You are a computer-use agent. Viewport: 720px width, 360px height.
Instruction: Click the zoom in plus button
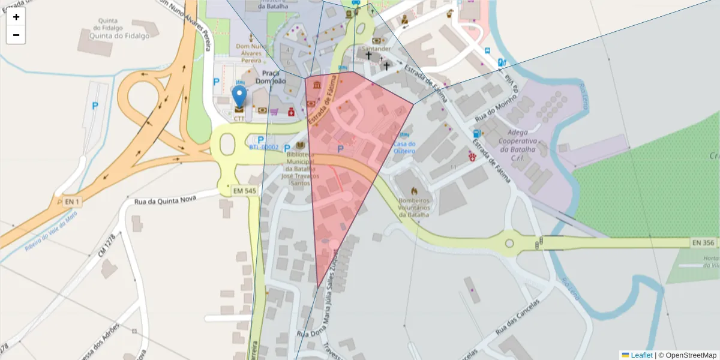click(16, 17)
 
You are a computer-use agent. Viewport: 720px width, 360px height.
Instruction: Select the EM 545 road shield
click(245, 190)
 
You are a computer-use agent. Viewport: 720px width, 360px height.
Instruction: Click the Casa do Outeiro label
click(404, 147)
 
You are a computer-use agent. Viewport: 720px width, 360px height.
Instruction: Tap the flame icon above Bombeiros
click(413, 190)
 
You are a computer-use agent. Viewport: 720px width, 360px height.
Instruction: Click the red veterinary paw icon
click(473, 156)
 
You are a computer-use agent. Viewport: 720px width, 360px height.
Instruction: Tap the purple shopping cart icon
click(274, 111)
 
